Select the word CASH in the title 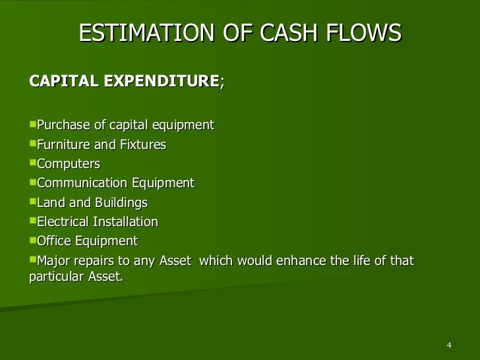click(268, 32)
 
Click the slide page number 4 click(449, 347)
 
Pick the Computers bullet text click(69, 164)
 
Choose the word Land click(50, 202)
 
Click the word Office click(54, 241)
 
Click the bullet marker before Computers click(33, 163)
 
